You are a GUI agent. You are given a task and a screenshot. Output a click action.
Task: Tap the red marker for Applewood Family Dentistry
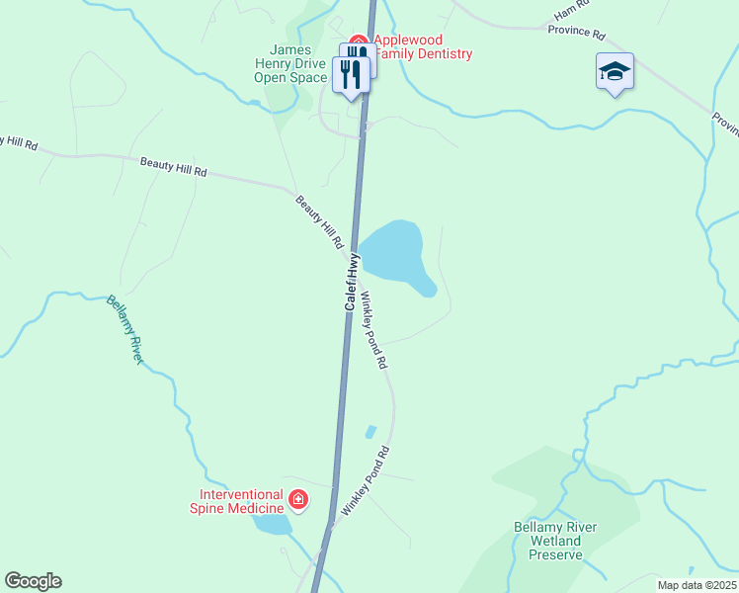click(360, 43)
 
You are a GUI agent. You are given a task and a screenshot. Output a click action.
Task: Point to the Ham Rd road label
click(572, 12)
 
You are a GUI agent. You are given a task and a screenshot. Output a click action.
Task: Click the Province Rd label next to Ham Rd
click(577, 33)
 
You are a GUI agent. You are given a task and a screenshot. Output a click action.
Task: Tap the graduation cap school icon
click(614, 71)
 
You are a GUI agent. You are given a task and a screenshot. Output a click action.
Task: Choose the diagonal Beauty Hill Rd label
click(318, 221)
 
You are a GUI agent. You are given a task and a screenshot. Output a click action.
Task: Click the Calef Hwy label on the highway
click(352, 283)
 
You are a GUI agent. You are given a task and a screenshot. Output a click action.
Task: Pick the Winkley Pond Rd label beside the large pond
click(373, 330)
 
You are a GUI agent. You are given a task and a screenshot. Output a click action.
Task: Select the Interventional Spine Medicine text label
click(241, 501)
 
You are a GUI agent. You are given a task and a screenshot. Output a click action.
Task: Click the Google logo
click(33, 581)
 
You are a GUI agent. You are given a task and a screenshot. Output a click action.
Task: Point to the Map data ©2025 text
click(696, 585)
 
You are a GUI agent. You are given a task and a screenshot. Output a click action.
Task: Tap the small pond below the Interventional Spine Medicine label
click(273, 525)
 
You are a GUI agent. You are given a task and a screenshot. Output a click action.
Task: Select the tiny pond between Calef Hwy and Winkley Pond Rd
click(370, 432)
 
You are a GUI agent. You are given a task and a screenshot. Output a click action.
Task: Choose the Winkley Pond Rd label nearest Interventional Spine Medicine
click(366, 480)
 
